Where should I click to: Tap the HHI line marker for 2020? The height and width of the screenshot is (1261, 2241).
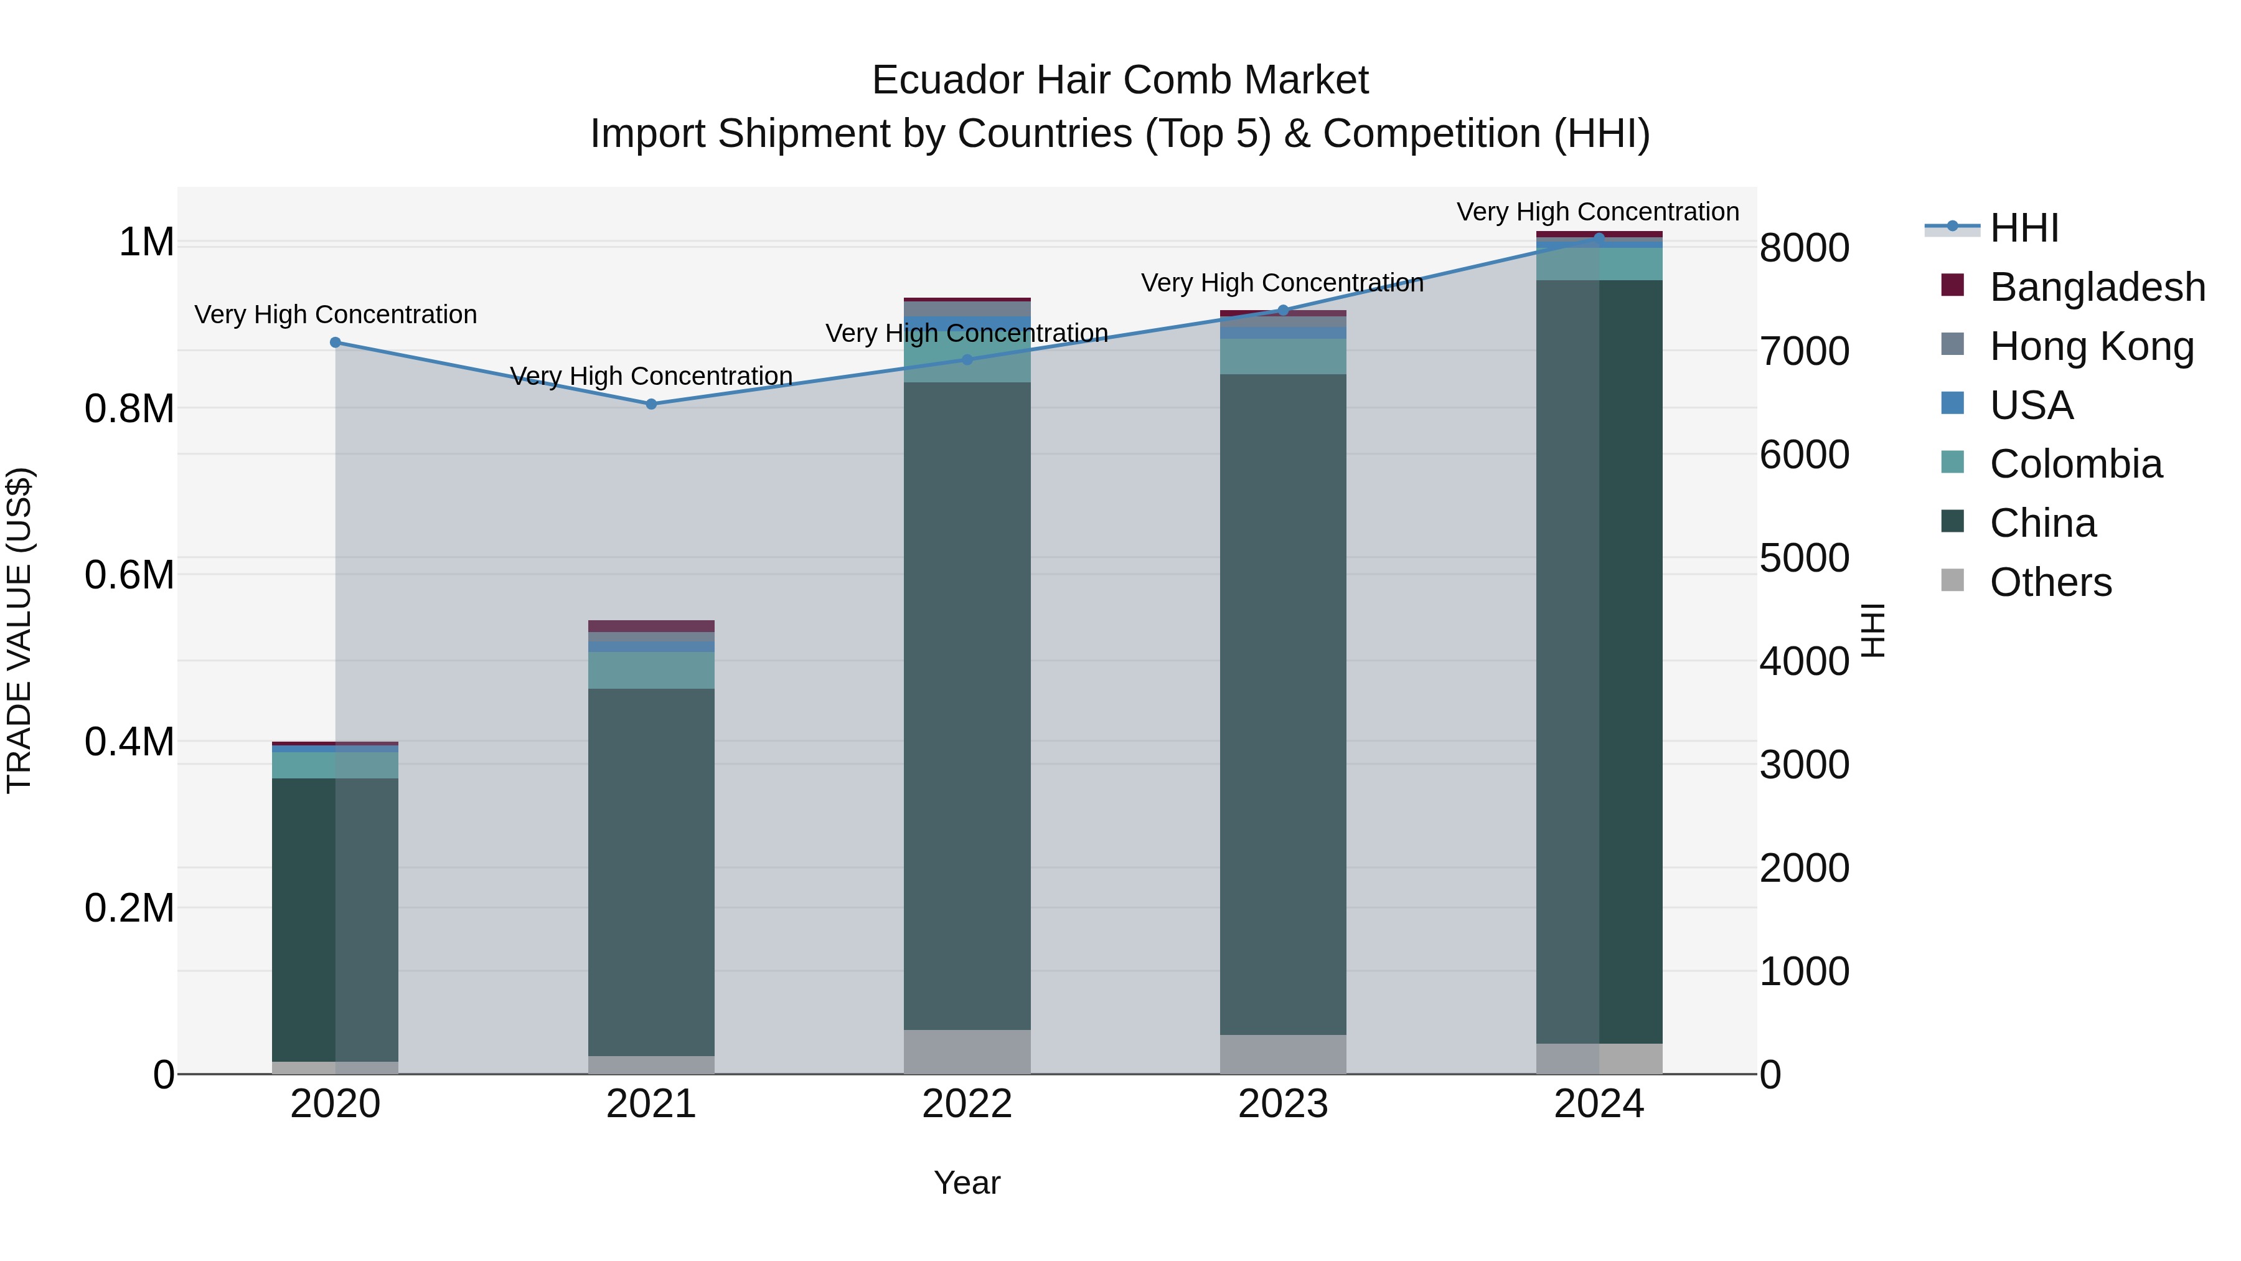click(336, 342)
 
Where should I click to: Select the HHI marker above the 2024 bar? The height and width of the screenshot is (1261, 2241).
click(1599, 238)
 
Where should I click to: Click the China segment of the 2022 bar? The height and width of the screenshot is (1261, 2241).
click(967, 705)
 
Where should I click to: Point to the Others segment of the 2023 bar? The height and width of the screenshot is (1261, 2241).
click(1282, 1053)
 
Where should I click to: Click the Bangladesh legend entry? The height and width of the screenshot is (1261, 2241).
click(2097, 287)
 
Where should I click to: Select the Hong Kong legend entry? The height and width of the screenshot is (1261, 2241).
click(2092, 346)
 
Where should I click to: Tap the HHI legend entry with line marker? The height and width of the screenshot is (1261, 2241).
click(1992, 228)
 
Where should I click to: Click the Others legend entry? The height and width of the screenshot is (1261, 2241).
click(2050, 582)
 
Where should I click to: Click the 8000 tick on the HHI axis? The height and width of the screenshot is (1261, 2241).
click(1804, 248)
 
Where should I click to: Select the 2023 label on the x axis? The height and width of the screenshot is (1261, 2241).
click(1282, 1104)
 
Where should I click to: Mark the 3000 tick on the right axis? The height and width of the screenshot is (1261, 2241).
click(1804, 765)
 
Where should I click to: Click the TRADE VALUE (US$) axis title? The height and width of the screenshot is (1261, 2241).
click(19, 630)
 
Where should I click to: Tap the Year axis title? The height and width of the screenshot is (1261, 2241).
click(967, 1183)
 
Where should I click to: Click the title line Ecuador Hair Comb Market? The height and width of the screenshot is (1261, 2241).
click(1120, 80)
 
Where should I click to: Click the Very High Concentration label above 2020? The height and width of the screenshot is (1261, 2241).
click(336, 314)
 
